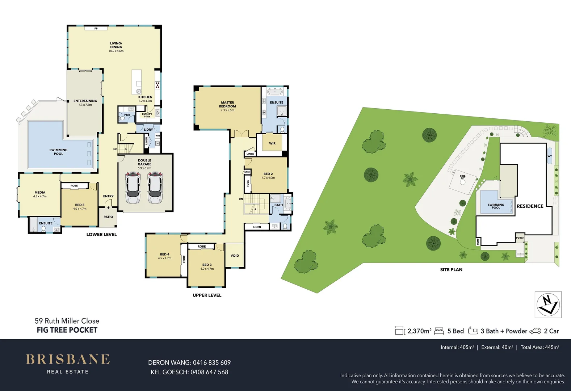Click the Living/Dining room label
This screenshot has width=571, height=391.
[x=116, y=45]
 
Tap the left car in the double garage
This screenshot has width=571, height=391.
[x=133, y=188]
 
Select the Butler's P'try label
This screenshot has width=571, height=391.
[x=147, y=115]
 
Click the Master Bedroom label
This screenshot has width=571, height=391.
[x=227, y=104]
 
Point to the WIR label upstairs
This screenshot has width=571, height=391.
[x=272, y=143]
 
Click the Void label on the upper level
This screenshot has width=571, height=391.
[x=235, y=256]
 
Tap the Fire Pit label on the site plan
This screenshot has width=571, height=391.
[x=463, y=177]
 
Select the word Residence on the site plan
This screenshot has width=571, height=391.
[x=530, y=206]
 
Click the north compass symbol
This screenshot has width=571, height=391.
[x=548, y=304]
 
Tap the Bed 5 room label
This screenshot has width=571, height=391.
[x=80, y=205]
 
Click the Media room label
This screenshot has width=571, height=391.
[x=40, y=193]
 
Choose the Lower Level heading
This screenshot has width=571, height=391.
[x=101, y=235]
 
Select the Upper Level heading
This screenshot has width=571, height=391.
[x=207, y=295]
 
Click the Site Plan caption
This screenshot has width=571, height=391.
[x=451, y=270]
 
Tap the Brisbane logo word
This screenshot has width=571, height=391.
[x=68, y=359]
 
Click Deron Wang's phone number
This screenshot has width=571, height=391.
[x=211, y=363]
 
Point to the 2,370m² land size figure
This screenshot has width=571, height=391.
[x=419, y=331]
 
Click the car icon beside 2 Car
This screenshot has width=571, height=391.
[x=535, y=331]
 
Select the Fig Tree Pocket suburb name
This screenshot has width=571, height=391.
[x=67, y=330]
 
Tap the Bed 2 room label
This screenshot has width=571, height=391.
[x=268, y=174]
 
